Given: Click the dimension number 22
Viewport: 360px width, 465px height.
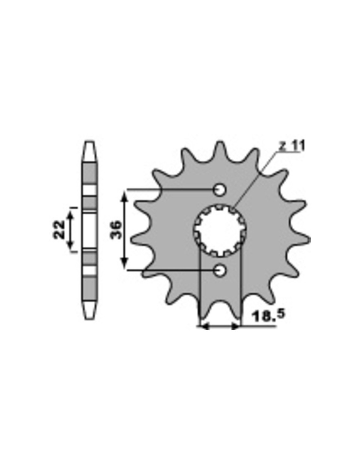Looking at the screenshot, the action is [59, 230].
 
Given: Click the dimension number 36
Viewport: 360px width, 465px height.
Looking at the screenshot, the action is [116, 230].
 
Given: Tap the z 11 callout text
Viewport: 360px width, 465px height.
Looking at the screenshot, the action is [291, 146].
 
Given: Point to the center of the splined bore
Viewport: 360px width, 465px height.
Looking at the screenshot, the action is [220, 230].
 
